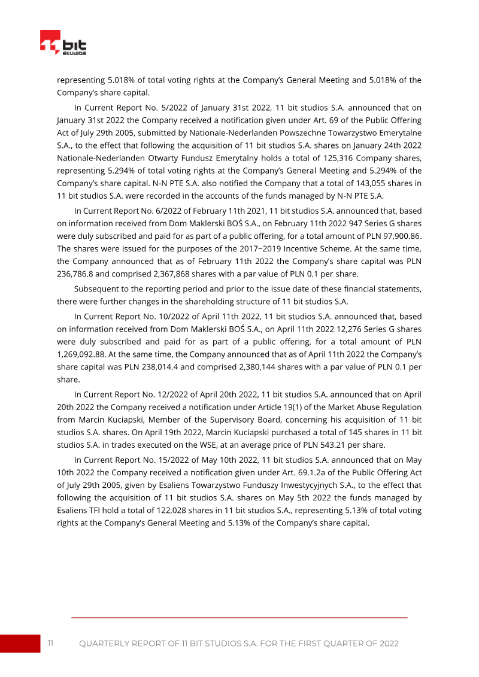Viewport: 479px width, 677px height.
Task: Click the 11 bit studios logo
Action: tap(63, 44)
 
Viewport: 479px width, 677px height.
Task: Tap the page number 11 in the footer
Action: tap(51, 643)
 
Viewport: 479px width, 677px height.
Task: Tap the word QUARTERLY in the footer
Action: tap(108, 643)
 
